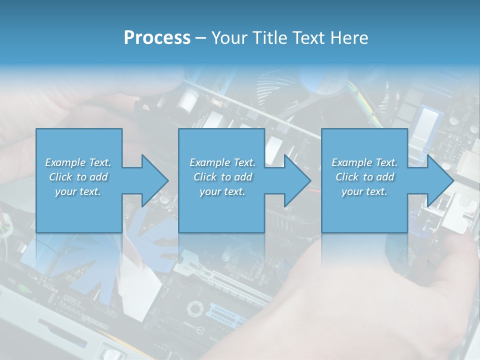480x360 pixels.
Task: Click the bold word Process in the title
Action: (x=157, y=38)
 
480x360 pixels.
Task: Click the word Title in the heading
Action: (x=270, y=37)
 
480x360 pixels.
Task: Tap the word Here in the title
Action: (x=349, y=37)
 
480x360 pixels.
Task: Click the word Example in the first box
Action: (x=65, y=162)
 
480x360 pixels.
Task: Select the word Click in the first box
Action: (x=60, y=176)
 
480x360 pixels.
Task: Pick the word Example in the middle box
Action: (x=210, y=162)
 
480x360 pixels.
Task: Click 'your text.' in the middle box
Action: (x=222, y=191)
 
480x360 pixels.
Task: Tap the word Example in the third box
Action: (x=352, y=162)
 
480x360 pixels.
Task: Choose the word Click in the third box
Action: (x=347, y=176)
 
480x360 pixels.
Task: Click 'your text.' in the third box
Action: (x=364, y=191)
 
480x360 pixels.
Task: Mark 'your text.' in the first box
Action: (x=78, y=191)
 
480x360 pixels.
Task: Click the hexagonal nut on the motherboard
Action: (x=195, y=308)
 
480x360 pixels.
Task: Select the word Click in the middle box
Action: (x=205, y=176)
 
